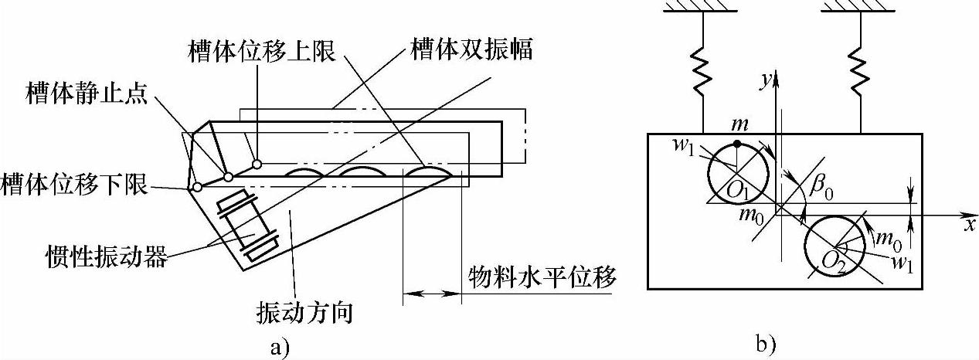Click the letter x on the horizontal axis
[966, 223]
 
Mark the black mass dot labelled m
[738, 144]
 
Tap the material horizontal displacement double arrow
[431, 294]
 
